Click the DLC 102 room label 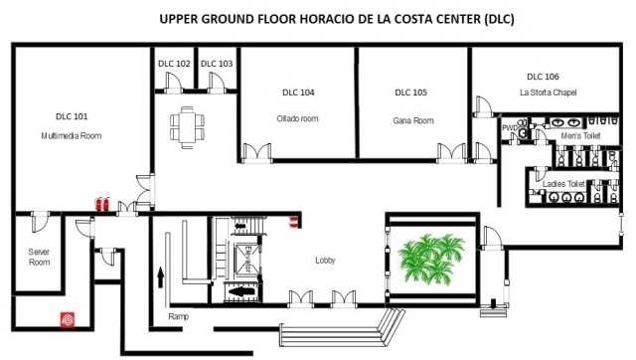pyautogui.click(x=174, y=64)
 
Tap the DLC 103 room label pyautogui.click(x=217, y=64)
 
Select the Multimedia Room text pyautogui.click(x=72, y=136)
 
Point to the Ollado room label pyautogui.click(x=298, y=119)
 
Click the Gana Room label pyautogui.click(x=413, y=120)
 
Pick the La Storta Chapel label pyautogui.click(x=548, y=92)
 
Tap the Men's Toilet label pyautogui.click(x=580, y=136)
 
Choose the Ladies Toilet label pyautogui.click(x=563, y=184)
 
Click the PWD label pyautogui.click(x=510, y=128)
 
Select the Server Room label pyautogui.click(x=40, y=257)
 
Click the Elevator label pyautogui.click(x=247, y=260)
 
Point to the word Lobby pyautogui.click(x=325, y=261)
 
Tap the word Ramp pyautogui.click(x=179, y=316)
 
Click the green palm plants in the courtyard pyautogui.click(x=431, y=259)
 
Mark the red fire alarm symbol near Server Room pyautogui.click(x=68, y=319)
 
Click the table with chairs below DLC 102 pyautogui.click(x=187, y=127)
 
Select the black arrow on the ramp pyautogui.click(x=161, y=277)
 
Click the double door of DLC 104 pyautogui.click(x=256, y=153)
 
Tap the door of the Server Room pyautogui.click(x=40, y=222)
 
